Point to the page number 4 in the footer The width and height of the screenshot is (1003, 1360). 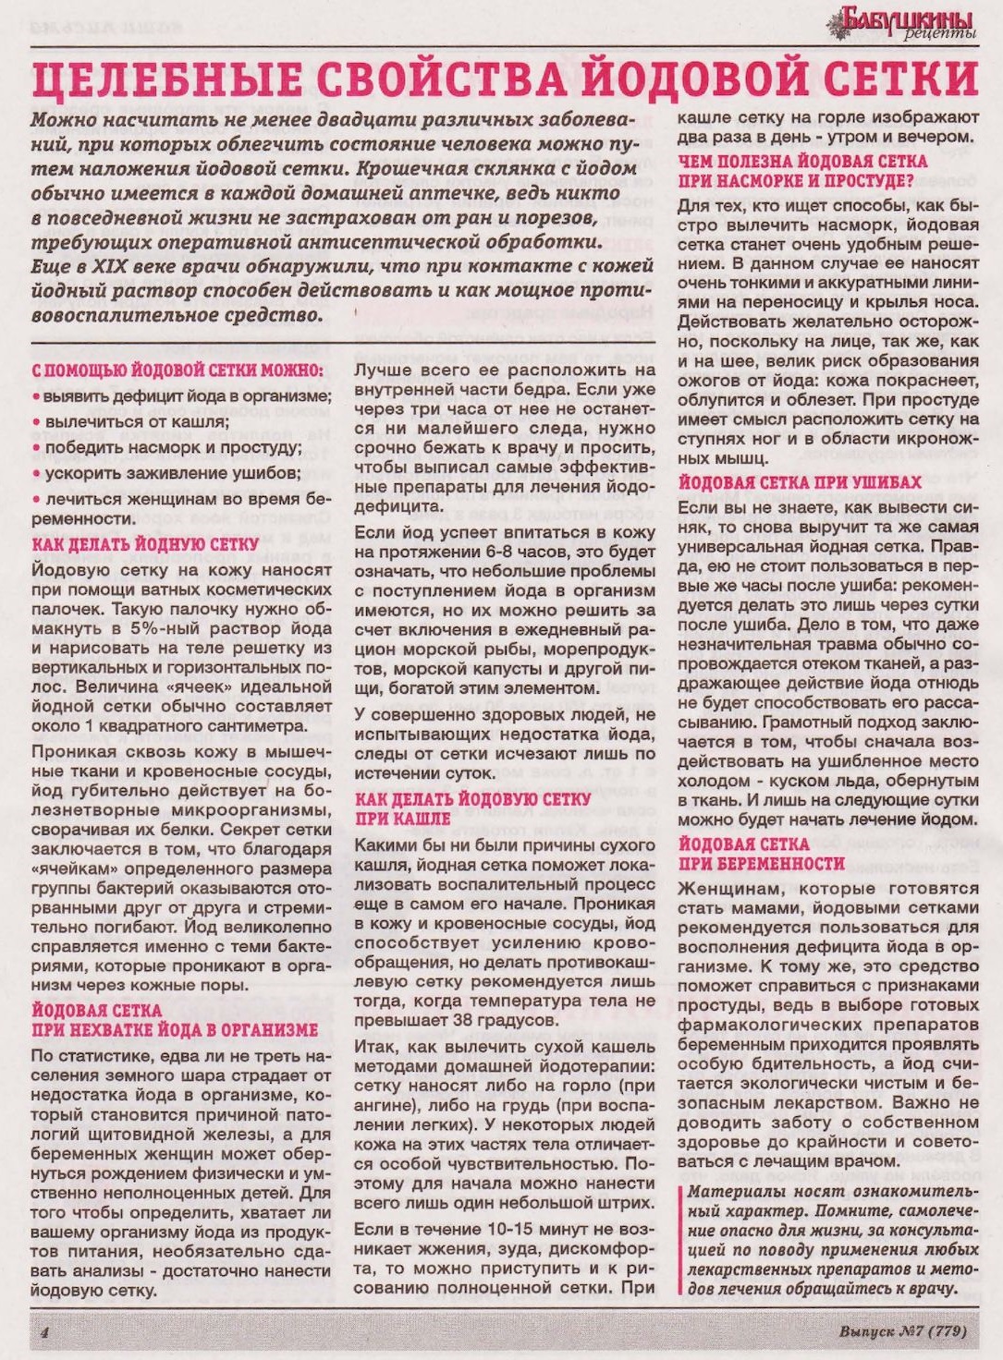pyautogui.click(x=43, y=1332)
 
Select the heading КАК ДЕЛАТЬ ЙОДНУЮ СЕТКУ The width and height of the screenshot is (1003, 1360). pyautogui.click(x=145, y=544)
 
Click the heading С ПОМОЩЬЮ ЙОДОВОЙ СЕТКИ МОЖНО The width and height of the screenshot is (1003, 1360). pyautogui.click(x=177, y=370)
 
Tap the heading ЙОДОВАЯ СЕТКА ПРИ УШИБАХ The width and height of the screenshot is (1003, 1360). pyautogui.click(x=800, y=482)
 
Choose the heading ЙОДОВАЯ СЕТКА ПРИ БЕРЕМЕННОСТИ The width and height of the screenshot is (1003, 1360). pyautogui.click(x=761, y=854)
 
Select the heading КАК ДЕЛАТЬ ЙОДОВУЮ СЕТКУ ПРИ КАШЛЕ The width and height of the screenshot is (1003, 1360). pyautogui.click(x=472, y=808)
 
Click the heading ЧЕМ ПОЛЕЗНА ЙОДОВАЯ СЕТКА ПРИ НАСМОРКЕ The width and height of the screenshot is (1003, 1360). pyautogui.click(x=801, y=171)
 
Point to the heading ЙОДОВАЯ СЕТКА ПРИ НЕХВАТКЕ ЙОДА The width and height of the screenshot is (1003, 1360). pyautogui.click(x=175, y=1020)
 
